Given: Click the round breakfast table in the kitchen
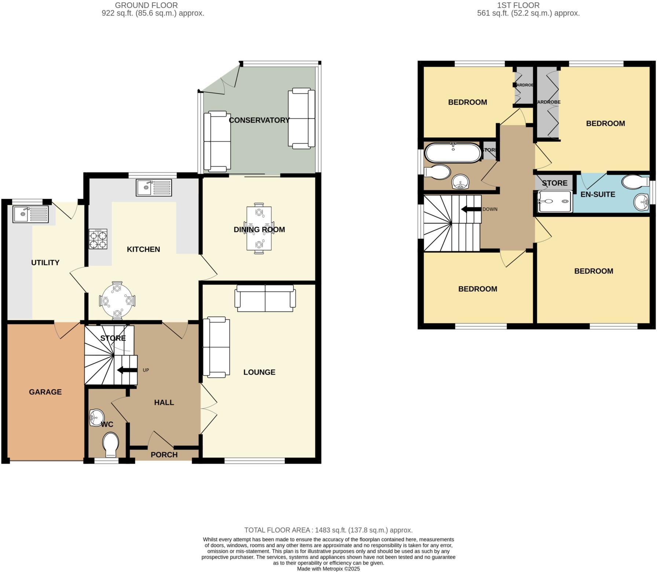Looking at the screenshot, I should [117, 301].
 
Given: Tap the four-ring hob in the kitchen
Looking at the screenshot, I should [98, 239].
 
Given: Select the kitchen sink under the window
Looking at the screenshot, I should [154, 187].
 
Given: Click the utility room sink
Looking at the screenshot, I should [30, 214].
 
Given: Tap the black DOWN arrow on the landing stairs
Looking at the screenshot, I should [471, 209].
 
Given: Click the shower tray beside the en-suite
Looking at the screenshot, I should [555, 201].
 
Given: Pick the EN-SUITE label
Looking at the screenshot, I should [598, 194].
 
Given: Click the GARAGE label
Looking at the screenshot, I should [45, 392].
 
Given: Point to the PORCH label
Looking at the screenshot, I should [164, 455].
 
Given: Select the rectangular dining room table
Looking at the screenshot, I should [259, 228].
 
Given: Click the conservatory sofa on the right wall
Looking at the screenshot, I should [301, 118].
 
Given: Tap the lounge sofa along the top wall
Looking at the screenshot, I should [265, 298].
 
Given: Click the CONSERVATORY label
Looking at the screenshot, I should [259, 120].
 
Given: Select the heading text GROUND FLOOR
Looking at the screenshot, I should [146, 5].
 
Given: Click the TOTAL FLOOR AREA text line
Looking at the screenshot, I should [328, 530].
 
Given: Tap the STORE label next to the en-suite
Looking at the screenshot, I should [554, 183].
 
